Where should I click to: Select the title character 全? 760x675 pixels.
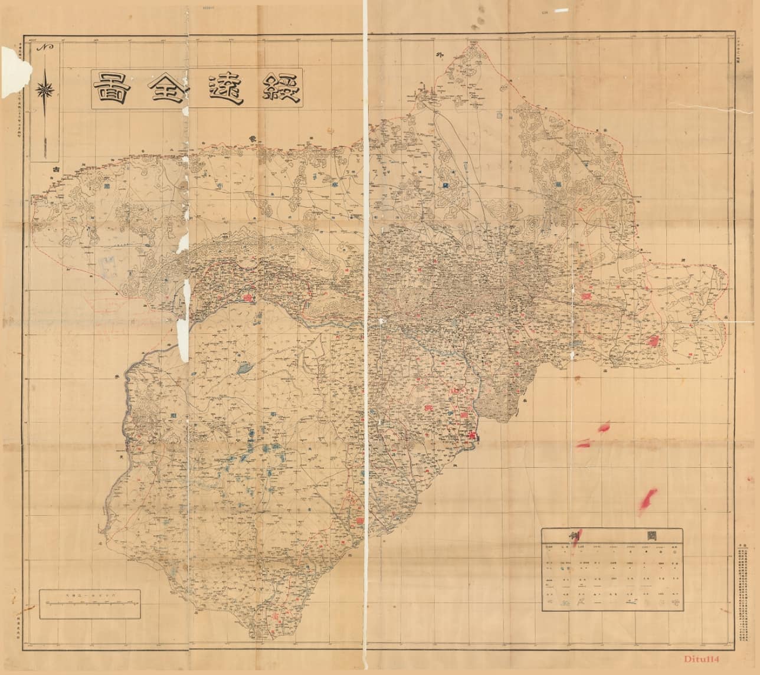click(163, 89)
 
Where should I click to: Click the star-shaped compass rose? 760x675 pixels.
click(46, 90)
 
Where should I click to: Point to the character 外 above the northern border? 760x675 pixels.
click(438, 55)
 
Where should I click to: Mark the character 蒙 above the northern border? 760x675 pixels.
click(252, 138)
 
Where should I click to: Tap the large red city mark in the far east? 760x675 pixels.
click(654, 340)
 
